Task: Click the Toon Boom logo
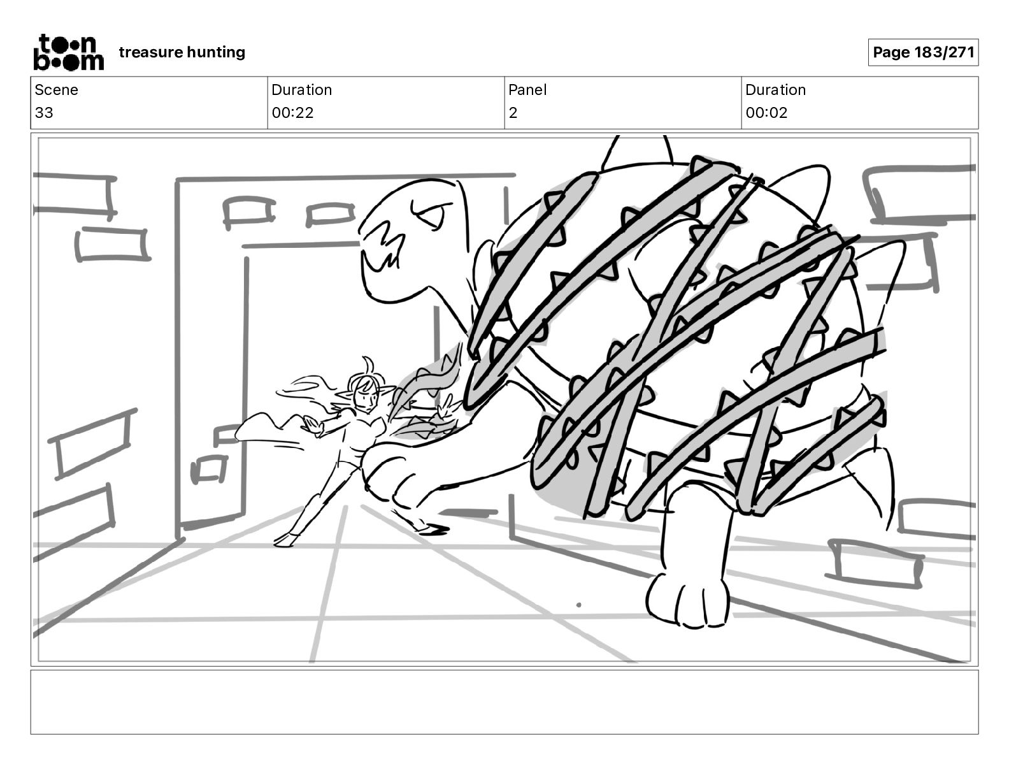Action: coord(68,52)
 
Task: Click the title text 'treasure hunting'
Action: coord(182,52)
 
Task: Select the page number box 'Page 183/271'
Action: coord(923,52)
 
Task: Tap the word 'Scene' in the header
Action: coord(56,90)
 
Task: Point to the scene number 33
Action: coord(44,113)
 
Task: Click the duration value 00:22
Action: coord(292,113)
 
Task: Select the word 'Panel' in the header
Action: coord(527,90)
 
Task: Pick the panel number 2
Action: coord(513,113)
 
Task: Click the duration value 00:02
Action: coord(766,113)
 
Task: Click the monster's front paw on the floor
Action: coord(688,599)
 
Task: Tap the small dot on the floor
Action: coord(578,605)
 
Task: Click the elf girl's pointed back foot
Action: coord(282,541)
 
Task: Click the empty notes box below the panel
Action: coord(504,702)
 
